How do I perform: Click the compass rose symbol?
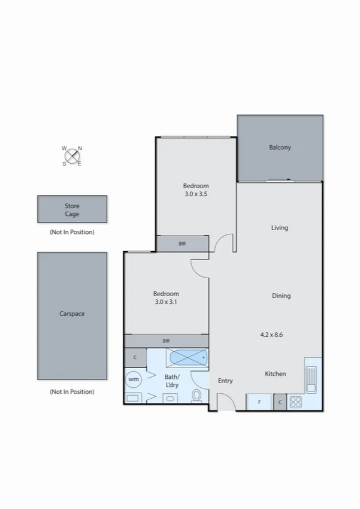(x=72, y=156)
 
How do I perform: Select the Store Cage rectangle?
(x=72, y=209)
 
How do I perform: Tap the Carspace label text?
(x=72, y=314)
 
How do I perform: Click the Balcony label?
(x=280, y=147)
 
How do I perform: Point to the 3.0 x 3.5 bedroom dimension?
(x=196, y=194)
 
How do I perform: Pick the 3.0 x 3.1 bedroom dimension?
(x=166, y=302)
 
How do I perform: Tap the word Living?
(x=280, y=228)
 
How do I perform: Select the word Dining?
(x=281, y=296)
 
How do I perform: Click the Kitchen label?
(x=276, y=374)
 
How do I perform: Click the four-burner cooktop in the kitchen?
(x=296, y=402)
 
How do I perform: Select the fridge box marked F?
(x=259, y=402)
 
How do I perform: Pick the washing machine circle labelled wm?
(x=134, y=379)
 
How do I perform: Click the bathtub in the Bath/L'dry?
(x=187, y=358)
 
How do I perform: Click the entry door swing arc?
(x=225, y=402)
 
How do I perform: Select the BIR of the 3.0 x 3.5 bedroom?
(x=182, y=244)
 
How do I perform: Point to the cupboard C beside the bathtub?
(x=135, y=357)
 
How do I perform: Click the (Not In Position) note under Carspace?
(x=72, y=391)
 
